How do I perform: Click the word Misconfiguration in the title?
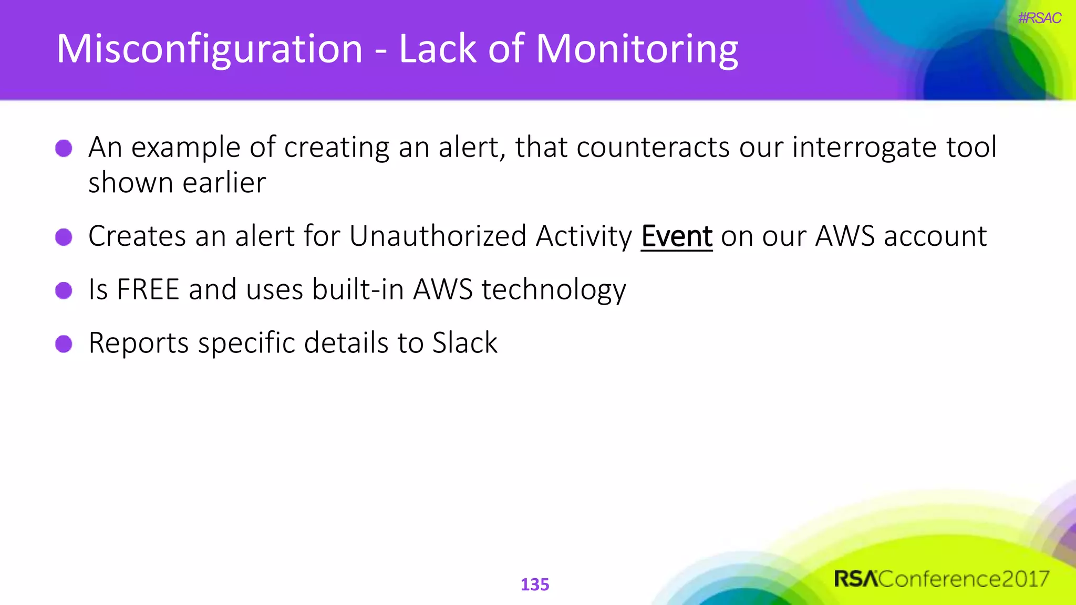point(209,49)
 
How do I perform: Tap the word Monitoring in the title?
point(637,49)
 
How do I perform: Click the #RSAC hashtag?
point(1039,18)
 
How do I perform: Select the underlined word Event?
point(676,236)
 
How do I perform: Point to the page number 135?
point(534,585)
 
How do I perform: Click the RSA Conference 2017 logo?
point(941,579)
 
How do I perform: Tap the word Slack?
point(464,343)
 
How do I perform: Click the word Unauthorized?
point(438,236)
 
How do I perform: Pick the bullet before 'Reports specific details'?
point(64,344)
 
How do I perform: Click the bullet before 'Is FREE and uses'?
point(64,290)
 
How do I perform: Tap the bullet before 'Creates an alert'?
point(64,237)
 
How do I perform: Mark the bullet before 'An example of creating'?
point(64,148)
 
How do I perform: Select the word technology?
point(554,290)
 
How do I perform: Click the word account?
point(935,236)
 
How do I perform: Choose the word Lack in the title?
point(438,49)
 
